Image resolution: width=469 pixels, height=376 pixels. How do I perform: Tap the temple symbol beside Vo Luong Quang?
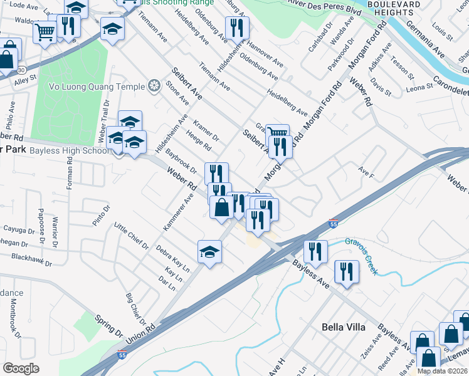pos(154,85)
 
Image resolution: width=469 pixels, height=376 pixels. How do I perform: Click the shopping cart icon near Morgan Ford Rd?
pos(278,133)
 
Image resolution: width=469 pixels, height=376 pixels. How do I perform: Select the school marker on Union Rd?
pos(210,252)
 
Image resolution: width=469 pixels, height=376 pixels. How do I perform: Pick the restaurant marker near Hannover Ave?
pos(237,27)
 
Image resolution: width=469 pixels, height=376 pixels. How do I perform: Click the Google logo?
pos(20,368)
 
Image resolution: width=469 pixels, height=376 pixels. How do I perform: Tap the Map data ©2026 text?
pos(443,371)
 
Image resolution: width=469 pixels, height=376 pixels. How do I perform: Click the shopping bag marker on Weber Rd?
pos(221,207)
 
